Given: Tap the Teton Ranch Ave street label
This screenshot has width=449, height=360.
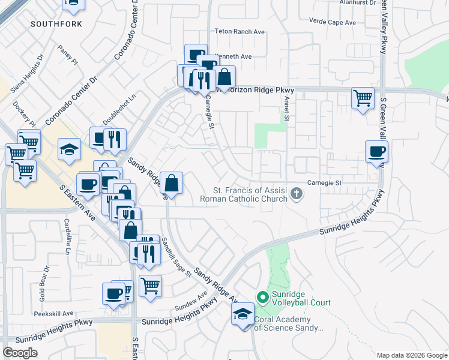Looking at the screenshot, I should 240,31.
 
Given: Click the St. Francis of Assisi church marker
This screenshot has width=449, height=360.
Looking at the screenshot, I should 296,193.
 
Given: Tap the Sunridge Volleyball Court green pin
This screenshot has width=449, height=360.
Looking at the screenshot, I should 262,297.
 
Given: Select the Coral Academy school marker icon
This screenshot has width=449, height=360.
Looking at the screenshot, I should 243,314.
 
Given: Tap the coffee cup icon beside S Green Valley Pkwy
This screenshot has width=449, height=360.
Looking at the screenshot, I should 377,151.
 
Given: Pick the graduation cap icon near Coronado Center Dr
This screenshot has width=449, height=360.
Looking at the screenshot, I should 70,148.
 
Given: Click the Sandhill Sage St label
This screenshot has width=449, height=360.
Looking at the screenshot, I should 175,257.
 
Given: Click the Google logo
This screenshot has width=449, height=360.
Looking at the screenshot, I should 20,353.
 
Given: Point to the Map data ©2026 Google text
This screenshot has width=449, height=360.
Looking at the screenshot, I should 411,355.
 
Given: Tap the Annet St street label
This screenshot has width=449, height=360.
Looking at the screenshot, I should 287,109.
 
